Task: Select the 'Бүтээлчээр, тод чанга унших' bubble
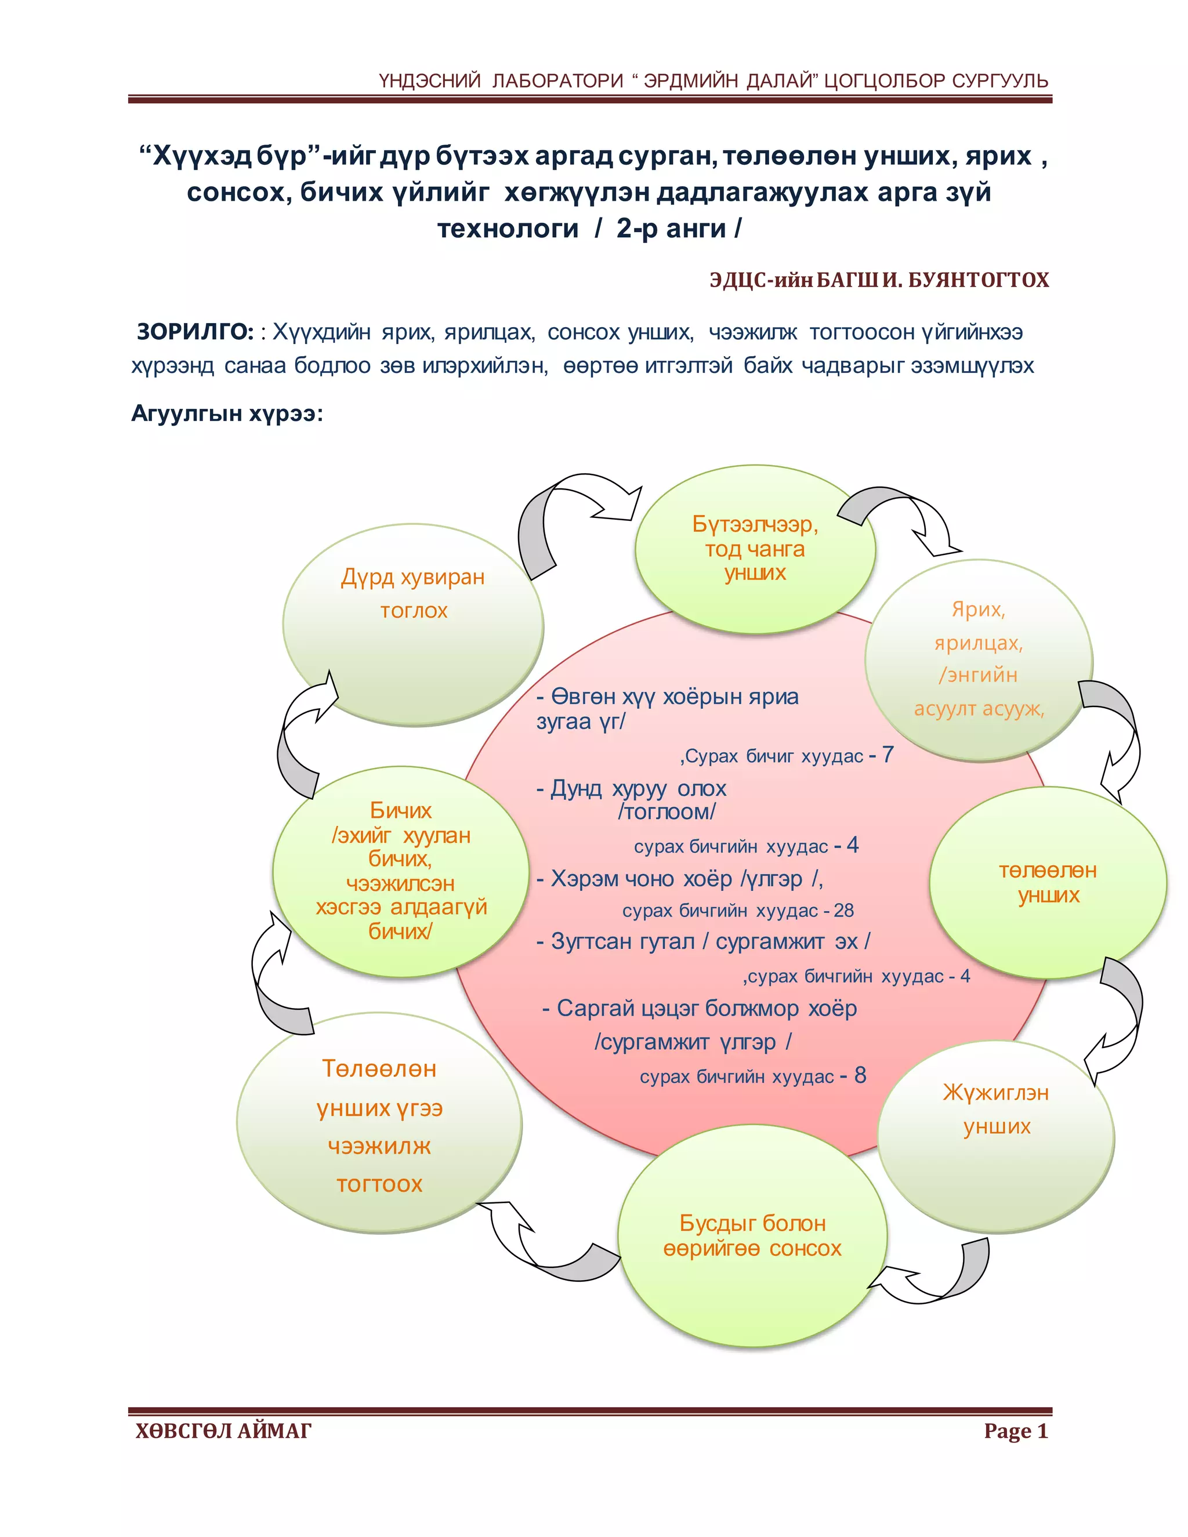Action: tap(755, 548)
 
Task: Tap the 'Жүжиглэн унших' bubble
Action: tap(996, 1137)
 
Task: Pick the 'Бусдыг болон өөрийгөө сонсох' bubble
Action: tap(752, 1236)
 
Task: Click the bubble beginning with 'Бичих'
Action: tap(400, 871)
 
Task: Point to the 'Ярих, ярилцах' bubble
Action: tap(978, 659)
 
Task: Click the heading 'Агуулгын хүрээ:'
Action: tap(227, 413)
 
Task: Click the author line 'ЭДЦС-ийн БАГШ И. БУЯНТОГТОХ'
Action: tap(879, 280)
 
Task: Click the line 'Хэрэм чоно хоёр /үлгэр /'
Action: tap(680, 879)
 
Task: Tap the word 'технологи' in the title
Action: tap(508, 229)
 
